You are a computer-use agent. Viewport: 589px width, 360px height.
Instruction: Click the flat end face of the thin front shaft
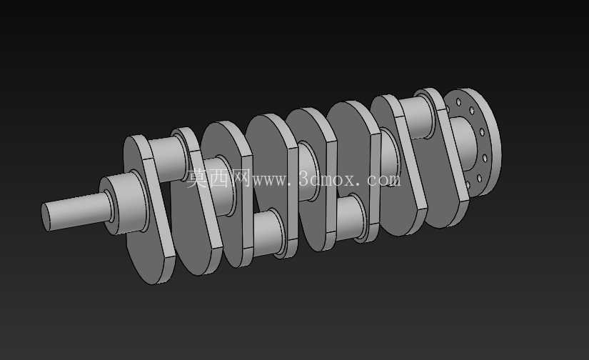(46, 217)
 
